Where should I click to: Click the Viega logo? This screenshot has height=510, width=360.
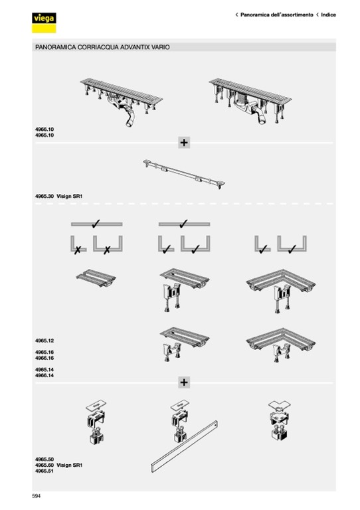click(44, 23)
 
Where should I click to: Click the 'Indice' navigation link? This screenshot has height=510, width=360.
click(329, 15)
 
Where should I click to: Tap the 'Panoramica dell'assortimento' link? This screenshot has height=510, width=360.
click(277, 15)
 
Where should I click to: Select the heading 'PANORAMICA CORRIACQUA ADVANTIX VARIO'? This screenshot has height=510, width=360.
click(102, 47)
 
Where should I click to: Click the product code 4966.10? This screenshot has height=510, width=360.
click(45, 129)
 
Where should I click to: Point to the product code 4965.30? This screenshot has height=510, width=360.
click(45, 196)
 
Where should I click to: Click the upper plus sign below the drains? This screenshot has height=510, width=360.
click(184, 143)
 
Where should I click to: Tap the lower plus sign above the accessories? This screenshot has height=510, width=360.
click(184, 382)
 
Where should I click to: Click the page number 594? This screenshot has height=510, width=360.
click(37, 496)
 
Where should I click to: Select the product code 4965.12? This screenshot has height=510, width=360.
click(45, 341)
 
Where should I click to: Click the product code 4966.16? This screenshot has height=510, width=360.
click(45, 358)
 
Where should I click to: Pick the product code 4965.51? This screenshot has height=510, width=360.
click(45, 471)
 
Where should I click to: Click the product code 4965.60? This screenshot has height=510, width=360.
click(45, 465)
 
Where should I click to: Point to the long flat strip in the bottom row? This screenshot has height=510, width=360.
click(184, 446)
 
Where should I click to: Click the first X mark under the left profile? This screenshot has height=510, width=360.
click(78, 250)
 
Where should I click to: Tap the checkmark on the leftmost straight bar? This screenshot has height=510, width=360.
click(96, 223)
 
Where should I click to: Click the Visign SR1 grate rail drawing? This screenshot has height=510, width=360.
click(184, 174)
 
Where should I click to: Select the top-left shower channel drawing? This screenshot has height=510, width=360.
click(122, 102)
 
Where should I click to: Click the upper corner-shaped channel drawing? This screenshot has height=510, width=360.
click(281, 290)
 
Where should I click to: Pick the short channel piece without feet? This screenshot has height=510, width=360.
click(96, 278)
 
